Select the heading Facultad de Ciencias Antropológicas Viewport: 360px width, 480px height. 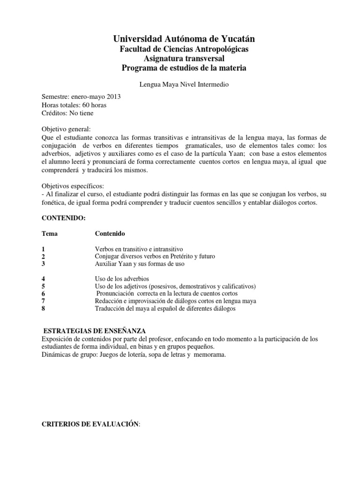coord(183,49)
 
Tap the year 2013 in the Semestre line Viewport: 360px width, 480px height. coord(113,97)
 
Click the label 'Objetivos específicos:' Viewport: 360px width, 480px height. coord(73,186)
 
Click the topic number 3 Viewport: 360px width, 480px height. coord(44,264)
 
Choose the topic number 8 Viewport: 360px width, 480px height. coord(44,308)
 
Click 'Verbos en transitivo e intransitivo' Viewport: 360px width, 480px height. coord(139,249)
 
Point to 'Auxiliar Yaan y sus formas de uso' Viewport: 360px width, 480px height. coord(140,264)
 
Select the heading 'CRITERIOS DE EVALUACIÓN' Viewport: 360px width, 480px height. coord(91,411)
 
